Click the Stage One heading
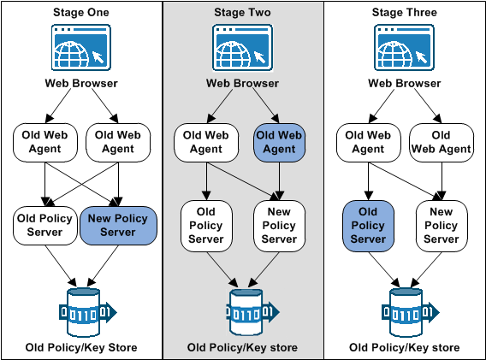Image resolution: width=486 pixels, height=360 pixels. click(x=80, y=13)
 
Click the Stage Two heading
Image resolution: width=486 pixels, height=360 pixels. click(x=242, y=13)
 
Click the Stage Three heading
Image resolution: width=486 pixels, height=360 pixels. click(x=405, y=13)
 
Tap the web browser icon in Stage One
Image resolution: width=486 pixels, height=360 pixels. click(x=80, y=48)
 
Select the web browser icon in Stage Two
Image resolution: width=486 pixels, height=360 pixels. click(x=242, y=48)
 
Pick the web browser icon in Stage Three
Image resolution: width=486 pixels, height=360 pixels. click(x=405, y=48)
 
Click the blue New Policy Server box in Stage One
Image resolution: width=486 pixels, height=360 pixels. click(x=118, y=225)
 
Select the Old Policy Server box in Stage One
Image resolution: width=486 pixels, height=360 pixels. click(x=44, y=225)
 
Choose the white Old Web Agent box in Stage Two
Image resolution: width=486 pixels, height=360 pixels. click(x=205, y=142)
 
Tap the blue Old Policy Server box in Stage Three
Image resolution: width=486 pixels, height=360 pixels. click(x=368, y=226)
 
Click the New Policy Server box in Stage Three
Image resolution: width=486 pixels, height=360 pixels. click(x=442, y=226)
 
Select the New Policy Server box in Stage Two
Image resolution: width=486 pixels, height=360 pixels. click(x=279, y=226)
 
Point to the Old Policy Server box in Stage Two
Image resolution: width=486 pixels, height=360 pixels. click(x=205, y=226)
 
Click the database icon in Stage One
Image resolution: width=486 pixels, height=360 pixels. click(x=80, y=309)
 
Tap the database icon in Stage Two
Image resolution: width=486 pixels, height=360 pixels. click(x=242, y=309)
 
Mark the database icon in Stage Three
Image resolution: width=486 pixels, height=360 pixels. click(x=405, y=309)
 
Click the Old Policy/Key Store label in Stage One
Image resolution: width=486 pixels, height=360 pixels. click(x=80, y=348)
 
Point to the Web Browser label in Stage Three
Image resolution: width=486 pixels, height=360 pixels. click(x=405, y=83)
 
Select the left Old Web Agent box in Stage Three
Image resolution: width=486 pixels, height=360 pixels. click(x=368, y=142)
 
